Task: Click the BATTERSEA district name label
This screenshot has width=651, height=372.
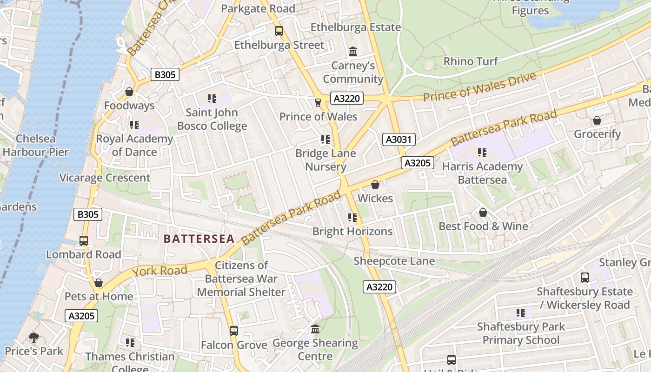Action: tap(199, 239)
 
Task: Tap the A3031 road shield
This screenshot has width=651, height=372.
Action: tap(399, 139)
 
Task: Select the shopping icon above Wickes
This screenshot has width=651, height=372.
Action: tap(375, 185)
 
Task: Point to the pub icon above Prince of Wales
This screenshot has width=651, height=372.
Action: tap(318, 102)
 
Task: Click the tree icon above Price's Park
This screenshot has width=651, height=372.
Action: tap(33, 337)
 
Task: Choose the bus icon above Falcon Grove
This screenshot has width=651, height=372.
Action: tap(234, 331)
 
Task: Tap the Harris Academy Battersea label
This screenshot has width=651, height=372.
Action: tap(482, 173)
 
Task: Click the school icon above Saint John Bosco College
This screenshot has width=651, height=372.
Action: tap(212, 99)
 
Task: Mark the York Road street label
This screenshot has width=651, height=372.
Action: tap(159, 271)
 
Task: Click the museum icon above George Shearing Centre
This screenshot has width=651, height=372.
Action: tap(315, 329)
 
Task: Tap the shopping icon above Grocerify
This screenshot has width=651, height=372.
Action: tap(597, 121)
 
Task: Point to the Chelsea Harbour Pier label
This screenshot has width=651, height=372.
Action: tap(35, 145)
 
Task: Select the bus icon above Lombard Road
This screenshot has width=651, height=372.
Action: tap(84, 241)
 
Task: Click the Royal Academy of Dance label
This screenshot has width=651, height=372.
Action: tap(134, 145)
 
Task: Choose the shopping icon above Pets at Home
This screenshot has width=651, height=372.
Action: tap(99, 283)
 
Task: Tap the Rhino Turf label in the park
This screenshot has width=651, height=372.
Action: tap(471, 61)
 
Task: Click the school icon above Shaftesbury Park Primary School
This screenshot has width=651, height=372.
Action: tap(521, 313)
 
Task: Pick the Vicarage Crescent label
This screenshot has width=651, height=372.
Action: tap(105, 178)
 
